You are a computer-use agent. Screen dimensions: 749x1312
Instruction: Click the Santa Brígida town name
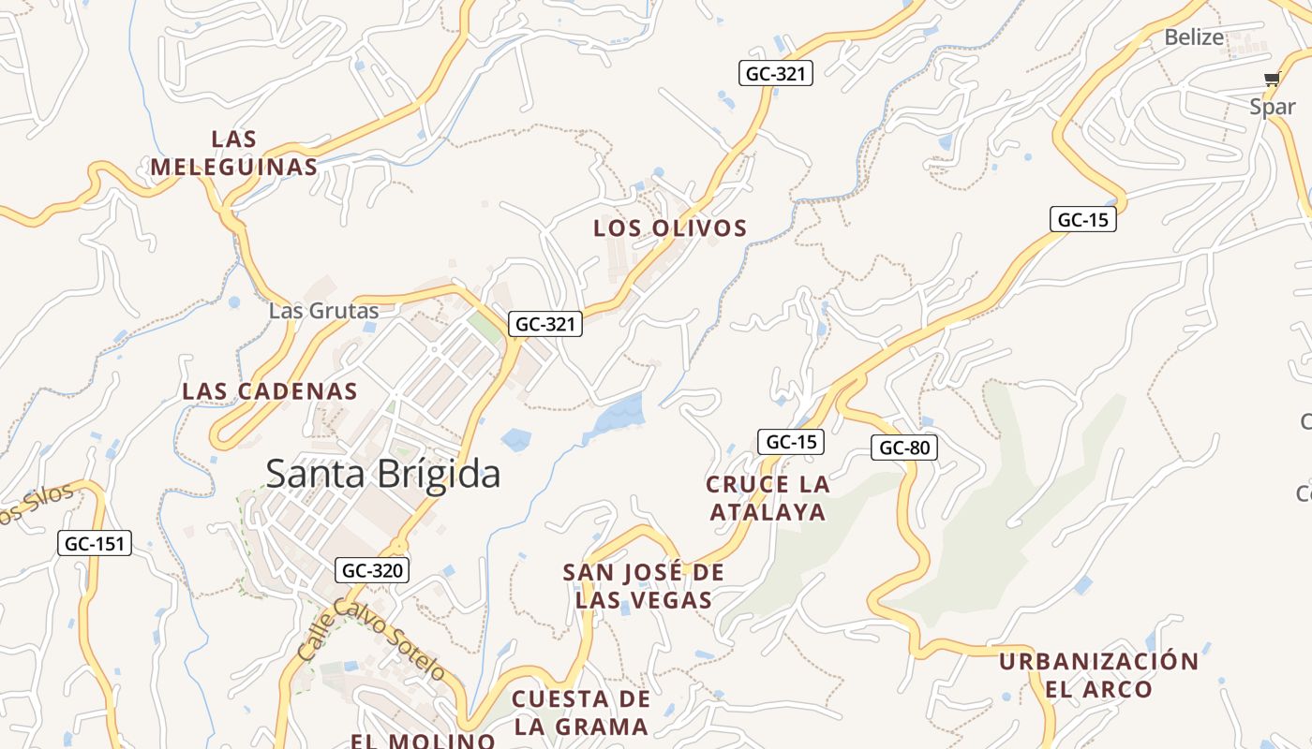click(383, 474)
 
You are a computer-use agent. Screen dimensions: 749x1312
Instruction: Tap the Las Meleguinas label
click(234, 154)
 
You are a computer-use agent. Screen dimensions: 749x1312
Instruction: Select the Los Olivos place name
click(670, 228)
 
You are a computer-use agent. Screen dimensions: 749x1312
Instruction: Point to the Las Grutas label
click(323, 311)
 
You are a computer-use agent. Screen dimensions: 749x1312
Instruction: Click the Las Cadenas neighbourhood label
click(270, 390)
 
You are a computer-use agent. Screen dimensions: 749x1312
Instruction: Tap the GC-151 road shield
click(95, 543)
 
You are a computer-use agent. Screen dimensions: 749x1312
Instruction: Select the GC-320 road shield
click(372, 569)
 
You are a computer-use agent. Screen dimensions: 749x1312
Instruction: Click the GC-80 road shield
click(903, 448)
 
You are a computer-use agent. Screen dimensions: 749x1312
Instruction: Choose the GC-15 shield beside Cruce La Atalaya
click(791, 442)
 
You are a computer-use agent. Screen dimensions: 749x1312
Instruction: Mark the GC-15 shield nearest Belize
click(1082, 220)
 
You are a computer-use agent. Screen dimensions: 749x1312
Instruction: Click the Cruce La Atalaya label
click(768, 498)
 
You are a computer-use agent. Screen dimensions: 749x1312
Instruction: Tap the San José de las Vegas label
click(644, 586)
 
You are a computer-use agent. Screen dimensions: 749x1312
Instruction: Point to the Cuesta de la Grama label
click(581, 712)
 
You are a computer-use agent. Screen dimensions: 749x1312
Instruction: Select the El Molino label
click(423, 741)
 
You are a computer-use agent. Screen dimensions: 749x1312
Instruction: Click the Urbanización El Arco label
click(1098, 675)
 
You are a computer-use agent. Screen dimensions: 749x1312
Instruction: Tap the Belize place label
click(1194, 37)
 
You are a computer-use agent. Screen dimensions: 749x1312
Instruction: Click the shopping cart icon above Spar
click(1272, 80)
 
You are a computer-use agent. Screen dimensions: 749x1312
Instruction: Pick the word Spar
click(1272, 107)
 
